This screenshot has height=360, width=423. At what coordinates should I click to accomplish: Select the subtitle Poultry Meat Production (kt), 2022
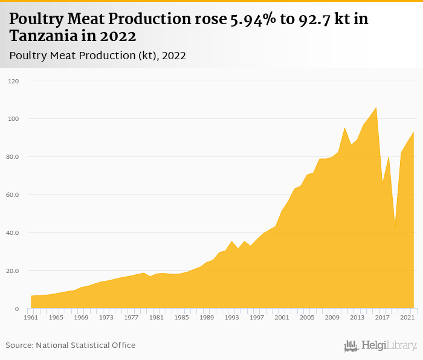pos(98,56)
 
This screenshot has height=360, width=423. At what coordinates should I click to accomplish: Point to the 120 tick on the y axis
pos(13,81)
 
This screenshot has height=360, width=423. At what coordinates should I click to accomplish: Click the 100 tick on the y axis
pos(13,119)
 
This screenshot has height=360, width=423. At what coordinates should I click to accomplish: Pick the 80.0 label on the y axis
pos(13,157)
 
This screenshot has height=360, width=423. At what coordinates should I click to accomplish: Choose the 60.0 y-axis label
pos(13,195)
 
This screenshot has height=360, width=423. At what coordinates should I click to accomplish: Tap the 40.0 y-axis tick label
pos(13,233)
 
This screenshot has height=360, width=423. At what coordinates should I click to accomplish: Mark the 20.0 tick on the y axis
pos(13,271)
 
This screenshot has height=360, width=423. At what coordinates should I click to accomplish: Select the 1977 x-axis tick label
pos(131,317)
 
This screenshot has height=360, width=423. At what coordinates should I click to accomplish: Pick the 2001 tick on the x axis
pos(282,317)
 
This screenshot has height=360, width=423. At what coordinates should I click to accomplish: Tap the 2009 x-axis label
pos(332,317)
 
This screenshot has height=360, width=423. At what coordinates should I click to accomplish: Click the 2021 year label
pos(407,317)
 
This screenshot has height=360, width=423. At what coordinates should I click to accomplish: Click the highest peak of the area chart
pos(376,108)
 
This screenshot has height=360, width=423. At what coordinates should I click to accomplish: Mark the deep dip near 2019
pos(395,228)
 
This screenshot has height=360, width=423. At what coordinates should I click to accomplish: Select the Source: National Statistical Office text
pos(71,346)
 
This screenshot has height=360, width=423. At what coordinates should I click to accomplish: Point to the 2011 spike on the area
pos(344,128)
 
